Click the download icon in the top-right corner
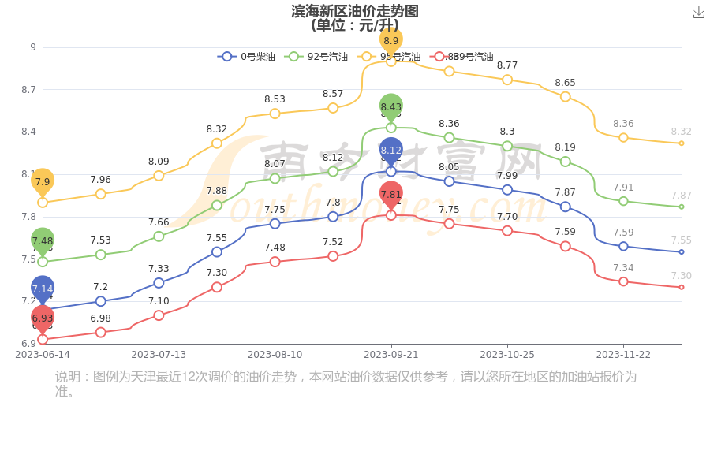click(x=698, y=13)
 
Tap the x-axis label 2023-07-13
click(x=159, y=355)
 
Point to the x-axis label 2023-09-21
click(x=390, y=355)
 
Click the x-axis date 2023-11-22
click(x=623, y=355)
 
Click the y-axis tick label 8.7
click(x=28, y=90)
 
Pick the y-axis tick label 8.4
click(x=28, y=132)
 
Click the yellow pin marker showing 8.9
click(x=390, y=39)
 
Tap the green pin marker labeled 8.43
click(x=390, y=106)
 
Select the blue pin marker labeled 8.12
click(x=390, y=150)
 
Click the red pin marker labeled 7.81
click(x=390, y=194)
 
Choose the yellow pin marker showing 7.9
click(x=43, y=181)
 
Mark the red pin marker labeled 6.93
click(x=43, y=318)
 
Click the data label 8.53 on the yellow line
click(x=275, y=99)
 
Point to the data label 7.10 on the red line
click(x=159, y=301)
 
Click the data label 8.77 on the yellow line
click(x=507, y=65)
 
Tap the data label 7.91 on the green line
click(x=623, y=188)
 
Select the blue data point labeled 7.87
click(x=565, y=207)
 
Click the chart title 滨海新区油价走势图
click(x=354, y=11)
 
